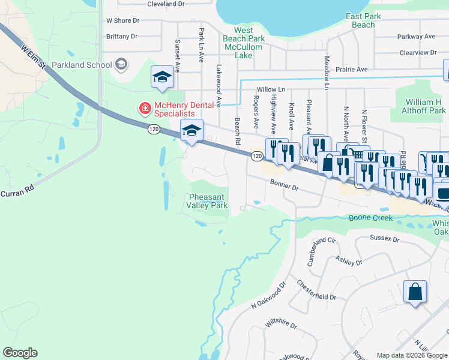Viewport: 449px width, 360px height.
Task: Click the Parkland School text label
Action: [81, 65]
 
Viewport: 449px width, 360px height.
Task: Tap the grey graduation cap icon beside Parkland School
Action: [121, 64]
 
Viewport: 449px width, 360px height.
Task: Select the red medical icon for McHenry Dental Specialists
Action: [145, 109]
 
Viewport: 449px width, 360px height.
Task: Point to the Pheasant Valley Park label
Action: [208, 201]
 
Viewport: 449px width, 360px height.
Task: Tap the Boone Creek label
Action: [371, 218]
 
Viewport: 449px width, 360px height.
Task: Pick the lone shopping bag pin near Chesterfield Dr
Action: [415, 292]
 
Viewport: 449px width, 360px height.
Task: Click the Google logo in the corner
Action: [20, 353]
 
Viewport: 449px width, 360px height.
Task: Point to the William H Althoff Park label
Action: [425, 106]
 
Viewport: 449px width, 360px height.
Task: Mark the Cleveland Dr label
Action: [165, 4]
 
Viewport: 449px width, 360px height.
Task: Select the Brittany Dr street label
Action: [122, 37]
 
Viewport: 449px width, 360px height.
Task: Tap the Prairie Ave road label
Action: [354, 70]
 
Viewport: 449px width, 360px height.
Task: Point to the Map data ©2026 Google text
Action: [412, 355]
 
